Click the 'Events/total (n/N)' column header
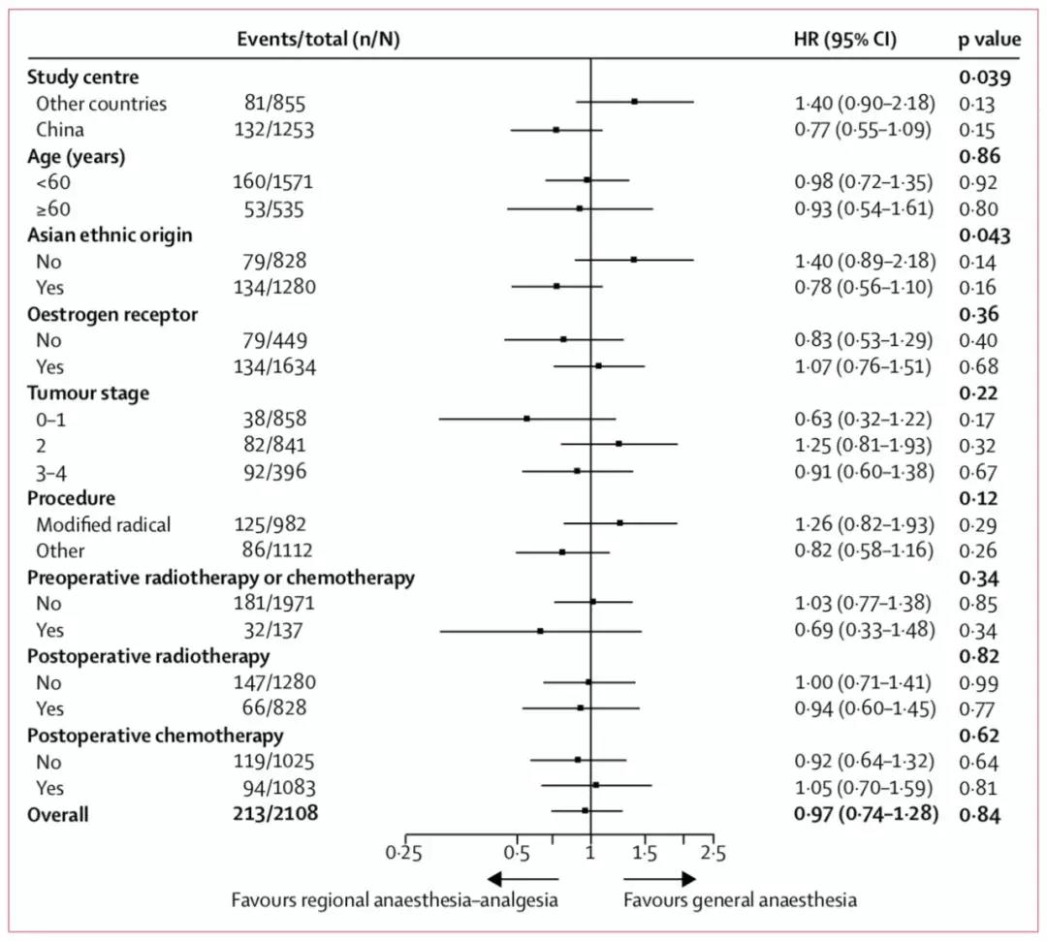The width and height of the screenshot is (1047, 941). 319,39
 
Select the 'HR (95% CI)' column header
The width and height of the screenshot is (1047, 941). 844,39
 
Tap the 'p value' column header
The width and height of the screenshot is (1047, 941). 988,39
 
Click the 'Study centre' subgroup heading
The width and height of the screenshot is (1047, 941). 82,78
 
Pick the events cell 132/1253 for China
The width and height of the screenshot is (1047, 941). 278,129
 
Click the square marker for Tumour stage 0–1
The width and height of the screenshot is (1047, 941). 526,419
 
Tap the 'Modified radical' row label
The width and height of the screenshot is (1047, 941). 103,524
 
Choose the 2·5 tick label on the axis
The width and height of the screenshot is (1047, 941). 714,854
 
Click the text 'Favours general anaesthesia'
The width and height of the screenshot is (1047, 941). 740,900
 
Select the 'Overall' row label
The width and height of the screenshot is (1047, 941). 57,814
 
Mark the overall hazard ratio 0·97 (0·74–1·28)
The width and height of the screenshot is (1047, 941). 864,814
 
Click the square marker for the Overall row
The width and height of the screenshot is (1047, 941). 585,810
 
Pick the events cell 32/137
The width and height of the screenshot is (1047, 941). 278,630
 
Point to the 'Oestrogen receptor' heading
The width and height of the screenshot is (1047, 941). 112,314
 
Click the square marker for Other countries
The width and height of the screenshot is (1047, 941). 634,101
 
